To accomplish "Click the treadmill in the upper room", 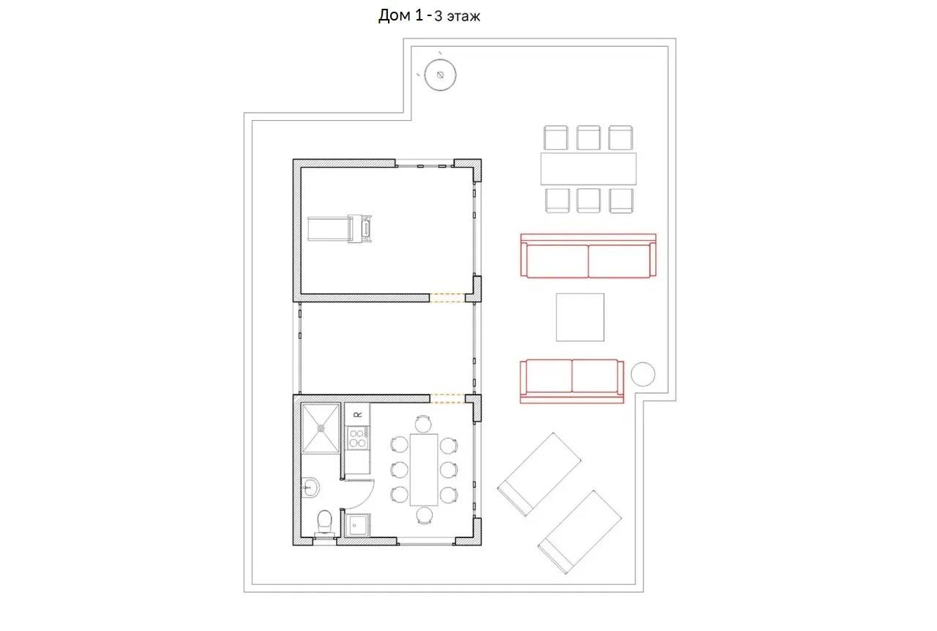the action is pyautogui.click(x=339, y=228).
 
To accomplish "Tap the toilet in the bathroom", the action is pyautogui.click(x=324, y=523).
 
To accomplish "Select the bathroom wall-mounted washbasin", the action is pyautogui.click(x=310, y=487).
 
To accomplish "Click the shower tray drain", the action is pyautogui.click(x=321, y=428).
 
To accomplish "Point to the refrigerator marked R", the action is pyautogui.click(x=357, y=414).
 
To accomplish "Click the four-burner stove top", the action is pyautogui.click(x=358, y=438).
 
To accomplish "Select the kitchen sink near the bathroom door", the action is pyautogui.click(x=358, y=525).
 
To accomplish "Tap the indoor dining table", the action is pyautogui.click(x=424, y=470).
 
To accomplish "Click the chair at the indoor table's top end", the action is pyautogui.click(x=423, y=423).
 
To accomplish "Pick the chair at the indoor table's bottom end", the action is pyautogui.click(x=424, y=515).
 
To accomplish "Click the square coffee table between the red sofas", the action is pyautogui.click(x=580, y=317).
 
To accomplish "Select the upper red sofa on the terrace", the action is pyautogui.click(x=588, y=255).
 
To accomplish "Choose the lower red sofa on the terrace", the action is pyautogui.click(x=572, y=381).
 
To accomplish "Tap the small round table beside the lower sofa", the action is pyautogui.click(x=643, y=374).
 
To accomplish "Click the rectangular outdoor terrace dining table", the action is pyautogui.click(x=588, y=169).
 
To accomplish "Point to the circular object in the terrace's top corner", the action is pyautogui.click(x=440, y=75).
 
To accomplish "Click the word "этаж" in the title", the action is pyautogui.click(x=463, y=17).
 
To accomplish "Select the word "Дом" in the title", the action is pyautogui.click(x=395, y=16).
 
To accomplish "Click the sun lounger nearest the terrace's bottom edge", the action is pyautogui.click(x=579, y=532).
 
